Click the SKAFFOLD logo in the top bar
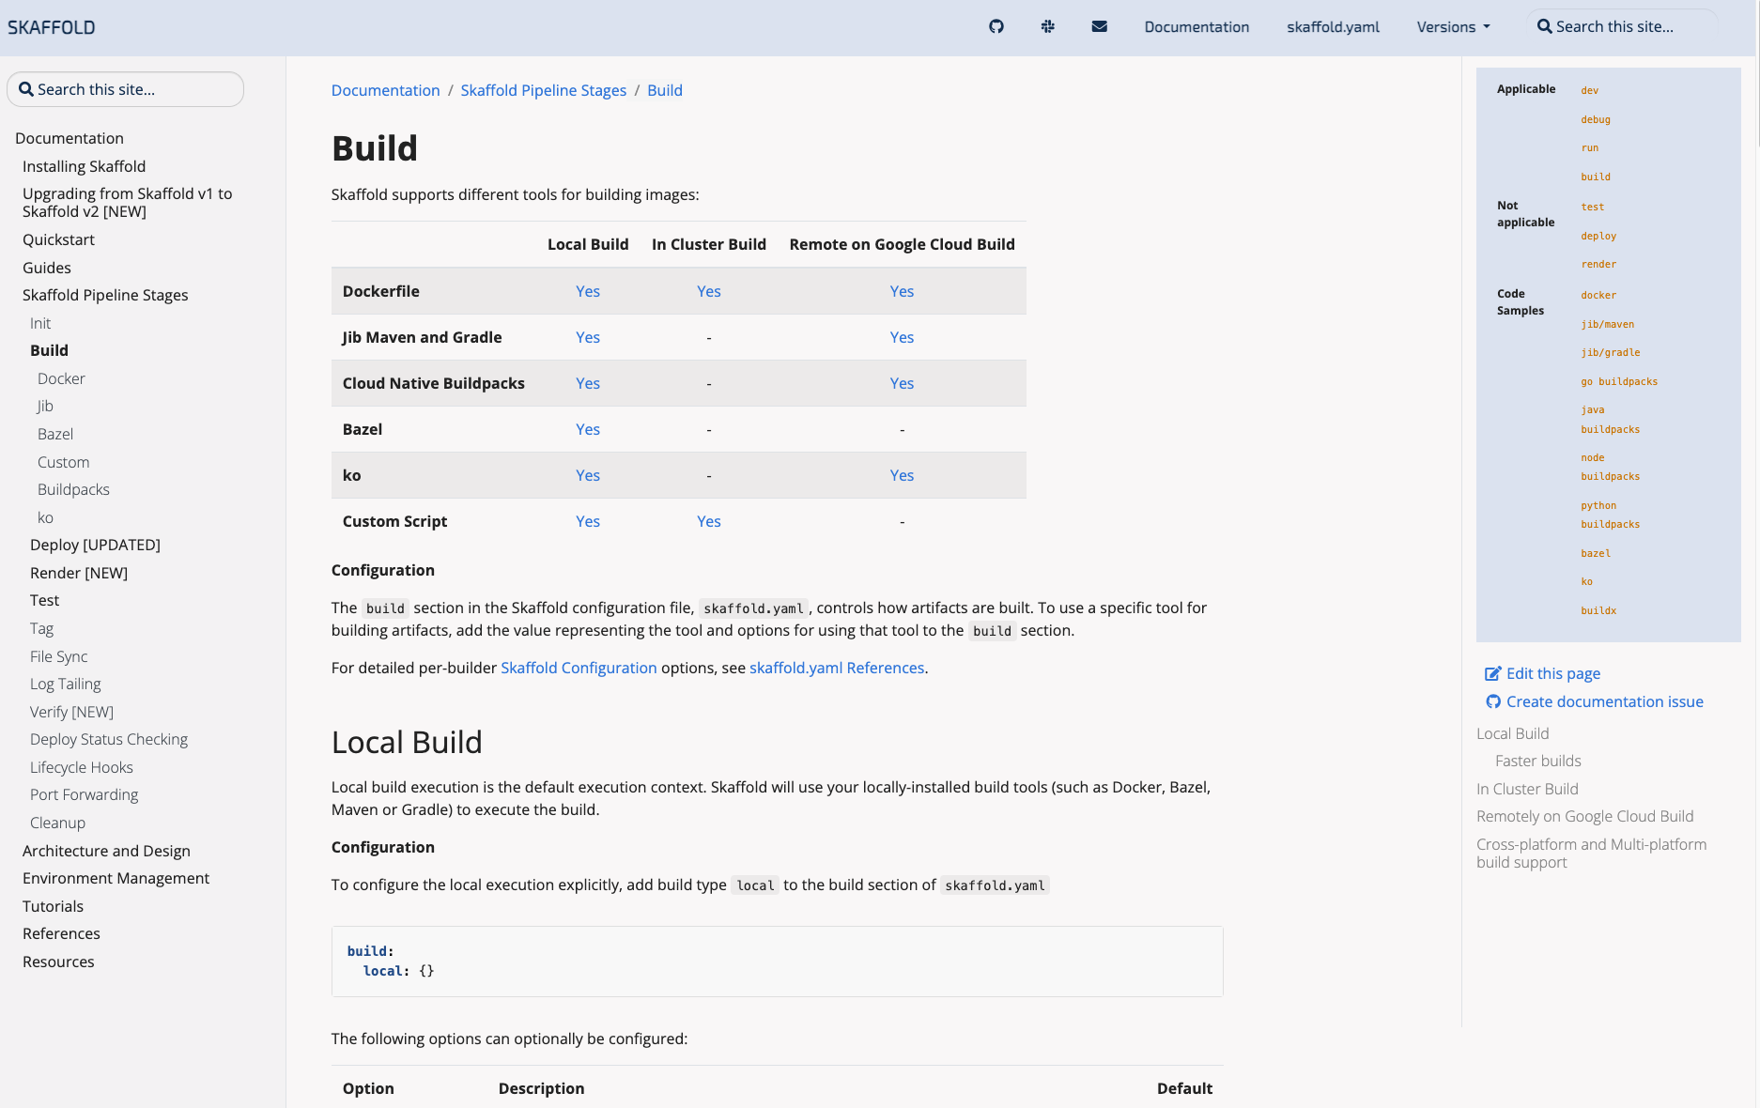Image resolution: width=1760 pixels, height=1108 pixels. point(52,27)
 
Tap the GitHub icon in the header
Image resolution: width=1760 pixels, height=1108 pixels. point(996,26)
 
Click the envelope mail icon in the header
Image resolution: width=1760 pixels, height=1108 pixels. point(1100,26)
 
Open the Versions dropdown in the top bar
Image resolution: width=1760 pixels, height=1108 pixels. point(1453,27)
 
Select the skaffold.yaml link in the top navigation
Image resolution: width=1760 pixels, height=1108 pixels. point(1333,27)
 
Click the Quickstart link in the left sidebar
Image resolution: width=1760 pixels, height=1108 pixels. point(58,239)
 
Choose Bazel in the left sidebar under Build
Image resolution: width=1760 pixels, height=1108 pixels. point(55,434)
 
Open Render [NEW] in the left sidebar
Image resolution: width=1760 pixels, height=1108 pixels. point(79,573)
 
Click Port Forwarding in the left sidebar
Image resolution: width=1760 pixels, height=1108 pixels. point(84,794)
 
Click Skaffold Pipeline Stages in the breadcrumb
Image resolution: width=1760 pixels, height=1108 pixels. point(543,90)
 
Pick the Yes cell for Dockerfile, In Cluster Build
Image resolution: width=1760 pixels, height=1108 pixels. point(709,291)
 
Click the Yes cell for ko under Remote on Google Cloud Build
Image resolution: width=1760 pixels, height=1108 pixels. point(902,475)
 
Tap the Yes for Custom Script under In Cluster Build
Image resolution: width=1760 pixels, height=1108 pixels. point(709,521)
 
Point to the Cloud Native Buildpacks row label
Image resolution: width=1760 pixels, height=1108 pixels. point(433,383)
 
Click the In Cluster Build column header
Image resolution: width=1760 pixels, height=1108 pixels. point(709,244)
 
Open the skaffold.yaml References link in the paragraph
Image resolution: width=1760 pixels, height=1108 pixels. point(837,668)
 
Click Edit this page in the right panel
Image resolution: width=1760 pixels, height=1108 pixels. point(1552,673)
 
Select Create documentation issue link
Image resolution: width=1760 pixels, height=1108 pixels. point(1604,701)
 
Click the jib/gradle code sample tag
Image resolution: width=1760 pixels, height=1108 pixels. point(1610,353)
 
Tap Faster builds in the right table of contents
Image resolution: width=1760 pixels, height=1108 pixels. point(1537,761)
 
